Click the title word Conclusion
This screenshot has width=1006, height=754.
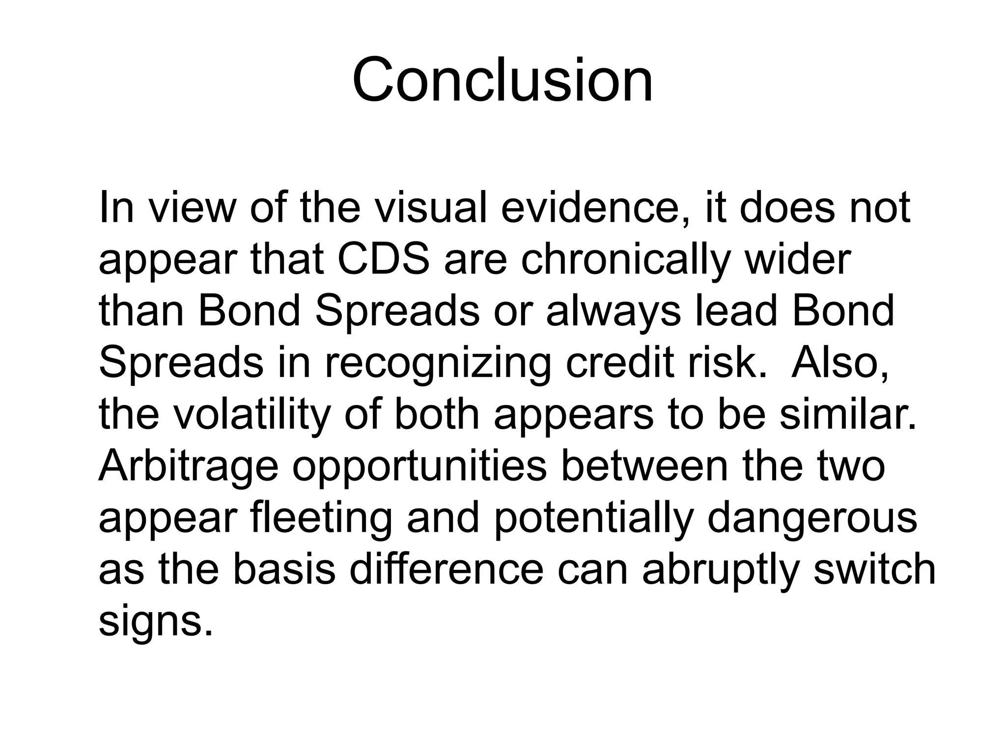(x=502, y=81)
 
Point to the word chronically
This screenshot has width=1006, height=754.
(x=626, y=260)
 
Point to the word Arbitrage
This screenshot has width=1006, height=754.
(x=188, y=467)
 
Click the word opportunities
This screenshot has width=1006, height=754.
(x=420, y=467)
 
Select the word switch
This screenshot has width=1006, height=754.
(x=875, y=570)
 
